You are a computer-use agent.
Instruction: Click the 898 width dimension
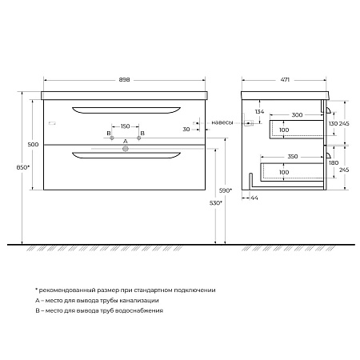click(x=124, y=80)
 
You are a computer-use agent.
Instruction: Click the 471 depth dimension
click(x=285, y=79)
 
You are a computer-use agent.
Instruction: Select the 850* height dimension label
click(x=23, y=167)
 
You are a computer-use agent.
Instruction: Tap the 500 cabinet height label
click(x=33, y=145)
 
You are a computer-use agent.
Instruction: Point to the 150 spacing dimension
click(x=125, y=126)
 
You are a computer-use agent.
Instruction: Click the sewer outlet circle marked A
click(x=126, y=149)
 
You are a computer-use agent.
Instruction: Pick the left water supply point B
click(x=112, y=138)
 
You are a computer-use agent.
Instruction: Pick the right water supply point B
click(x=138, y=138)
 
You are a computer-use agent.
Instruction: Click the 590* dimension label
click(x=226, y=190)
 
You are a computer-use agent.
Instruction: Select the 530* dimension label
click(x=216, y=203)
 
